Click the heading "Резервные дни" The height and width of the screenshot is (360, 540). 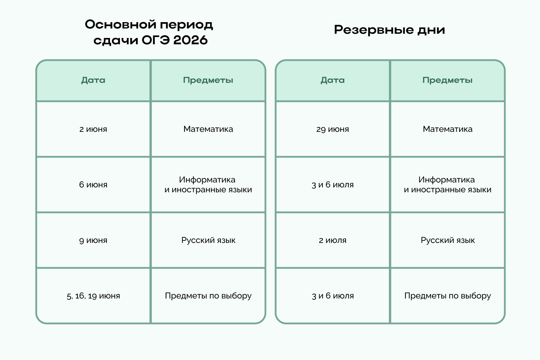point(389,30)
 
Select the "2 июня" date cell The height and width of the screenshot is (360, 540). point(93,129)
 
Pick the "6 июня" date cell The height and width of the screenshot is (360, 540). point(93,185)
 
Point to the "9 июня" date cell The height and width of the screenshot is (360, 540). point(93,240)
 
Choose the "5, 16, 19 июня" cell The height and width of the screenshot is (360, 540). point(93,296)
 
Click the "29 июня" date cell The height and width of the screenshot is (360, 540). point(333,129)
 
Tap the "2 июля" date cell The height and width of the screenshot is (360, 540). point(333,240)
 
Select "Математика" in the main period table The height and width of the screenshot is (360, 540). point(208,129)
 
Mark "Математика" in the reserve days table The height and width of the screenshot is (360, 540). point(448,129)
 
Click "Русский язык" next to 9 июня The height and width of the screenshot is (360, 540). point(208,240)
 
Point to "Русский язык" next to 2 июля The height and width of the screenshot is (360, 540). point(448,240)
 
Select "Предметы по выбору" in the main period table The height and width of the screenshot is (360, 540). point(208,296)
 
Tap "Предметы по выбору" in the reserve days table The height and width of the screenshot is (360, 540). point(448,296)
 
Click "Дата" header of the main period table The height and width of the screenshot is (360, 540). point(93,80)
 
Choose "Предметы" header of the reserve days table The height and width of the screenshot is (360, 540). point(448,80)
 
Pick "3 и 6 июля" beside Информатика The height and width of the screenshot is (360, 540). point(333,185)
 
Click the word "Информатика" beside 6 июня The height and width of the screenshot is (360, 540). point(207,180)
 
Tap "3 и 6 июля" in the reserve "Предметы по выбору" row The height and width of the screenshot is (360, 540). point(333,296)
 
